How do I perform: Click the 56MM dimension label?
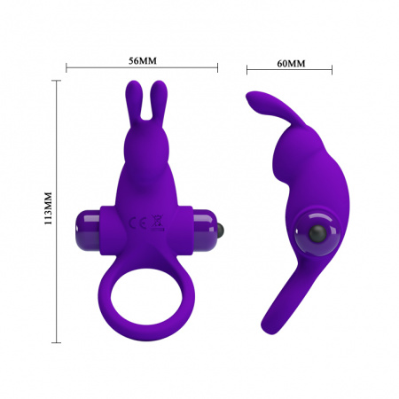[142, 61]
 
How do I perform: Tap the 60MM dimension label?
[290, 63]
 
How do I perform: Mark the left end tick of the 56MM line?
[67, 67]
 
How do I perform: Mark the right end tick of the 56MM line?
[218, 67]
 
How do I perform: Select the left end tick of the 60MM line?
[246, 69]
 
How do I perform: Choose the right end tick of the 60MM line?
[332, 69]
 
